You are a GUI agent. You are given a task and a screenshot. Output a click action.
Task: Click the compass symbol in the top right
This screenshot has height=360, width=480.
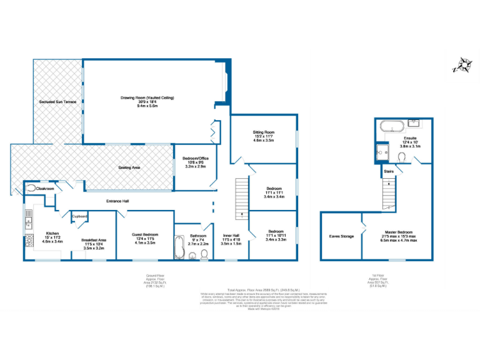pyautogui.click(x=462, y=65)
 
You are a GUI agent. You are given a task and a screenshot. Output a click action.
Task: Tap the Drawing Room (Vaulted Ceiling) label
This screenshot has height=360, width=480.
pyautogui.click(x=147, y=98)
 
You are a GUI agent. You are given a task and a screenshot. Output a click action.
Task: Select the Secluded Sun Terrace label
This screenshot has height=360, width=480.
pyautogui.click(x=57, y=101)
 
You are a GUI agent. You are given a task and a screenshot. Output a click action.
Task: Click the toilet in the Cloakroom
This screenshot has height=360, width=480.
pyautogui.click(x=30, y=187)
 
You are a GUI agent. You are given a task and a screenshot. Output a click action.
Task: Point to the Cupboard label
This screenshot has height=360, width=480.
pyautogui.click(x=79, y=216)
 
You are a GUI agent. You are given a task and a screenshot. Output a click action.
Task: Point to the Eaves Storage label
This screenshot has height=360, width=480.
pyautogui.click(x=342, y=236)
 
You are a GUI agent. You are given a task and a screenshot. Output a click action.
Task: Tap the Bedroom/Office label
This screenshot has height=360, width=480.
pyautogui.click(x=195, y=159)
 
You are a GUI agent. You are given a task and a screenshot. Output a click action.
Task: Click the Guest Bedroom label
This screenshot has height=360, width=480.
pyautogui.click(x=145, y=234)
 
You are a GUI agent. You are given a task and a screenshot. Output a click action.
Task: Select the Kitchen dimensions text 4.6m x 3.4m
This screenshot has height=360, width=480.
pyautogui.click(x=51, y=241)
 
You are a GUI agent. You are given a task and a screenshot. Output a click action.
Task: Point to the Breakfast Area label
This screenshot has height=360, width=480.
pyautogui.click(x=94, y=240)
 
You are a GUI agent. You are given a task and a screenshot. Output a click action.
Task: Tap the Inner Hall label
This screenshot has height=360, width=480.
pyautogui.click(x=231, y=235)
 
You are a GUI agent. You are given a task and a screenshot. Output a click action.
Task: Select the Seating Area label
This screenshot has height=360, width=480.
pyautogui.click(x=129, y=167)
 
